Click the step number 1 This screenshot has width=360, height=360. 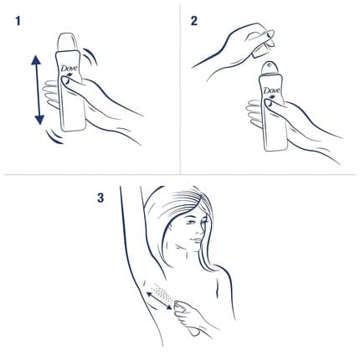pos(18,21)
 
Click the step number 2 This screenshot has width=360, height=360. pos(194,21)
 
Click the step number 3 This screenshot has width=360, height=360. pos(100,198)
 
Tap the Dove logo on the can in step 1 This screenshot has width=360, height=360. pos(69,69)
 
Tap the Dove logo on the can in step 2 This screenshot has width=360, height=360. pos(271,90)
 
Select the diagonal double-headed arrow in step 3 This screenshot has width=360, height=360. pos(159,301)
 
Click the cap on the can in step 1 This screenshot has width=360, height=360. pos(68,43)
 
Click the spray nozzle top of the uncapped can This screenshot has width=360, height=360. pos(270,68)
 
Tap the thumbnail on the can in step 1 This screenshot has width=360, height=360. pos(66,81)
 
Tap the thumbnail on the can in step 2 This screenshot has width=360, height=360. pos(269,103)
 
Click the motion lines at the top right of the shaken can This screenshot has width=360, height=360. pos(90,56)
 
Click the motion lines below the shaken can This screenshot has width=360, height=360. pos(55,136)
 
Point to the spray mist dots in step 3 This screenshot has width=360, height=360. pos(162,292)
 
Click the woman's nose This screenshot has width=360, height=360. pos(199,229)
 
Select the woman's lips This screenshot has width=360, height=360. pos(196,240)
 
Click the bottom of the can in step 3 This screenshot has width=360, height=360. pos(194,332)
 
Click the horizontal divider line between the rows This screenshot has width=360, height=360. pos(180,175)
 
